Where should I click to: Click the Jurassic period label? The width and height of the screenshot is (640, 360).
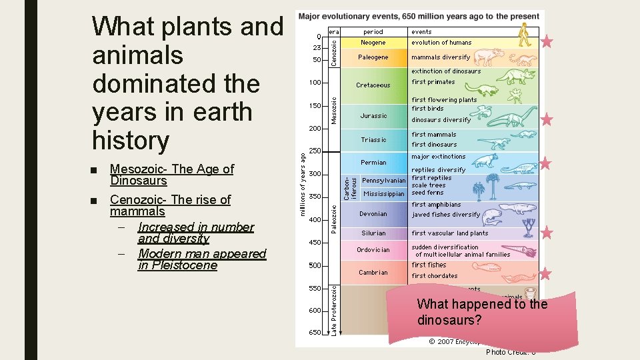coord(373,116)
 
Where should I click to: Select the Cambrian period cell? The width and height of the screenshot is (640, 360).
coord(373,272)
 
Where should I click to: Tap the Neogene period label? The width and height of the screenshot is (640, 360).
coord(373,43)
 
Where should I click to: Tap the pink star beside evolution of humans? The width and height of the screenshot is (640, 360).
coord(547,42)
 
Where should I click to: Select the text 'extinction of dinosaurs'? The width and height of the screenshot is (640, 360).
coord(446,71)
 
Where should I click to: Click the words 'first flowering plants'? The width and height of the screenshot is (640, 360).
coord(444,100)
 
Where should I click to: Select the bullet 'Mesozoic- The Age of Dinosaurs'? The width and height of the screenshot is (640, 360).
coord(171,175)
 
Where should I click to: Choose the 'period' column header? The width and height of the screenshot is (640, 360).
coord(373,31)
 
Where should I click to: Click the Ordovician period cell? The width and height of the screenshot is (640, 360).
coord(373,250)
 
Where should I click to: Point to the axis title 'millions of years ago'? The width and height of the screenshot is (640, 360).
coord(303,184)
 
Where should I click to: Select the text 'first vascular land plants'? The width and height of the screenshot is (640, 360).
coord(449,233)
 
